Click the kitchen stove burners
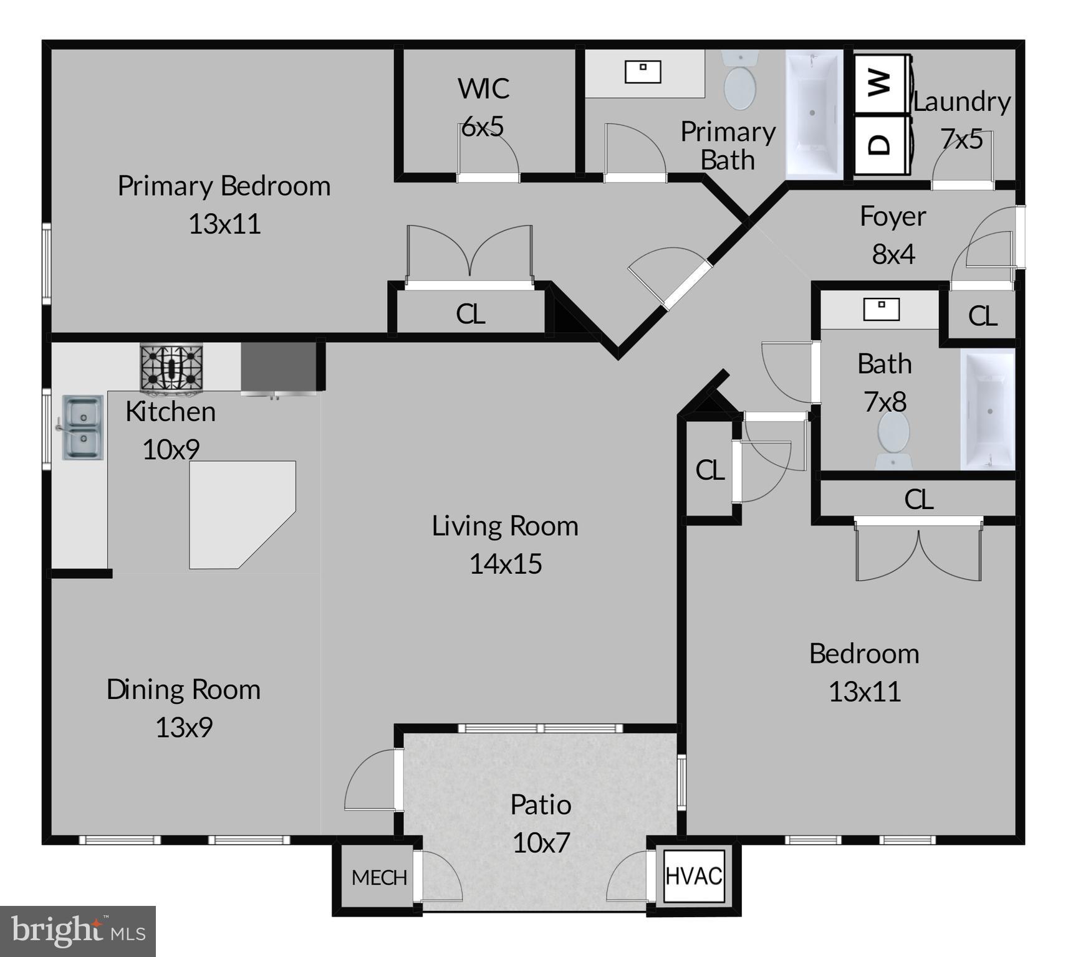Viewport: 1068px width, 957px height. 171,368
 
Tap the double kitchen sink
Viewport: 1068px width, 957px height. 82,427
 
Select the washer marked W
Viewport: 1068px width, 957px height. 880,83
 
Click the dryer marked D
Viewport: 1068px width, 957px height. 880,145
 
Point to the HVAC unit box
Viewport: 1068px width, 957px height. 694,876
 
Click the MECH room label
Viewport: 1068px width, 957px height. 379,878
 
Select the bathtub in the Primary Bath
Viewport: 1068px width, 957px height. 814,114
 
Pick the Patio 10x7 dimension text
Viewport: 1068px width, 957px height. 541,843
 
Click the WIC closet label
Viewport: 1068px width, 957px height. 483,88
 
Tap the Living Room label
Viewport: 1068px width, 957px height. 505,526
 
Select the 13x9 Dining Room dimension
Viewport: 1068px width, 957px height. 184,728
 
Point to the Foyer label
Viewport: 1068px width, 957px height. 893,217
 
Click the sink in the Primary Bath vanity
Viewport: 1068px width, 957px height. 643,72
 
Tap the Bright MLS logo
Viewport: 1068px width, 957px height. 78,931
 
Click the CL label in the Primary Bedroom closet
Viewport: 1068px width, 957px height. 470,314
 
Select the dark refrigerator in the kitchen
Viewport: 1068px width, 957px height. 278,368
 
